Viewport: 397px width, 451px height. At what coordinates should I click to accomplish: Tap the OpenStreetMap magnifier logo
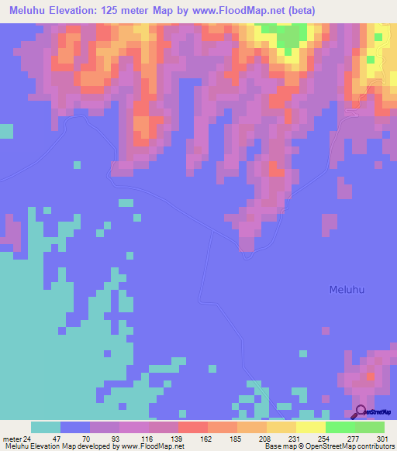click(x=361, y=411)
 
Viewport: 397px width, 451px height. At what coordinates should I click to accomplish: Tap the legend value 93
click(x=113, y=437)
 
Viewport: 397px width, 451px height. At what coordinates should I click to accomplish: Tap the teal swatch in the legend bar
click(x=46, y=427)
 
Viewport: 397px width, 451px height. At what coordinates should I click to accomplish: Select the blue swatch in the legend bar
click(x=75, y=427)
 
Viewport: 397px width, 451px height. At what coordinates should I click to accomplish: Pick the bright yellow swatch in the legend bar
click(x=311, y=427)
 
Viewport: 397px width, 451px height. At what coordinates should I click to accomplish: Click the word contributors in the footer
click(x=376, y=446)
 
